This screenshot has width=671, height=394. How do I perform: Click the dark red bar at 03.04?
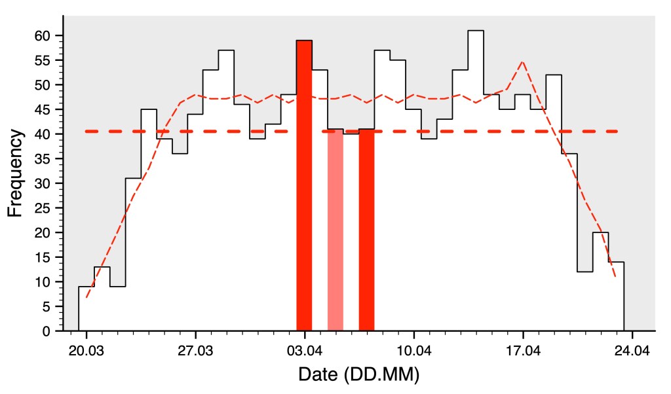[304, 187]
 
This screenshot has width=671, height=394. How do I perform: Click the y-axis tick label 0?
[47, 331]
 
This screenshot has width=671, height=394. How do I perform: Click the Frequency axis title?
[16, 173]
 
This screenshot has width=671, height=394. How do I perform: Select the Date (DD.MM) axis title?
[358, 375]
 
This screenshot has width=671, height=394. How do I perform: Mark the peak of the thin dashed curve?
[522, 62]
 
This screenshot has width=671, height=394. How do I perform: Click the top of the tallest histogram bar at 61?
[476, 31]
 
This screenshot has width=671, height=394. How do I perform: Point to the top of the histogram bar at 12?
[585, 272]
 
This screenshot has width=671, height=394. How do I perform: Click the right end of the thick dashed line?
[617, 132]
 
